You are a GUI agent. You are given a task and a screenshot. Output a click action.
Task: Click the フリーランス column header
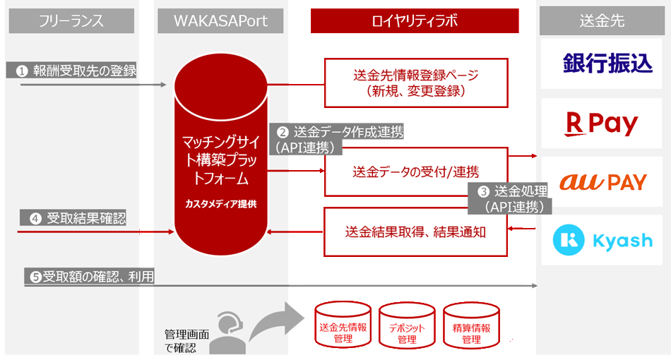pos(71,21)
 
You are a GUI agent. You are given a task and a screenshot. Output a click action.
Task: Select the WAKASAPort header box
pos(221,21)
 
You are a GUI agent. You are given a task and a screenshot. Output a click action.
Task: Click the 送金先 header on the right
pos(601,21)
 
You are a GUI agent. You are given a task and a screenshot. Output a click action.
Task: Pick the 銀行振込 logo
pos(602,64)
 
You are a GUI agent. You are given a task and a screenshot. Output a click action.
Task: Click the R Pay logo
pos(602,124)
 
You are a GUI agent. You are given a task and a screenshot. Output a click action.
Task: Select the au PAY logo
pos(602,182)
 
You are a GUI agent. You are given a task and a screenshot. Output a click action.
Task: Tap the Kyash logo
pos(602,240)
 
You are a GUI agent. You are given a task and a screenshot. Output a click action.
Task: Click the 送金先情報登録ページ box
pos(416,83)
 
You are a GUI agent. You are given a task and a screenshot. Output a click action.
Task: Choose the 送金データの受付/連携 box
pos(416,172)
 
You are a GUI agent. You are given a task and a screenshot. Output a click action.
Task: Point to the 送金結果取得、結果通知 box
pos(416,232)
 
